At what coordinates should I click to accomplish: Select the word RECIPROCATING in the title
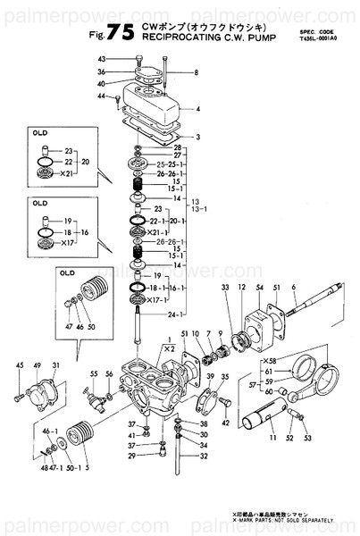tap(182, 38)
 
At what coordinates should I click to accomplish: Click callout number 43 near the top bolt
tap(126, 58)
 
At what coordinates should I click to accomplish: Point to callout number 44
tap(103, 96)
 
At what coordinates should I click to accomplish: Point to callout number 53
tap(307, 438)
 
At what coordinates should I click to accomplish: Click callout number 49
tap(38, 365)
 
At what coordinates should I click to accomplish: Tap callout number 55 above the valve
tap(93, 373)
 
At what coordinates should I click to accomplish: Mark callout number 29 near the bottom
tap(130, 456)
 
